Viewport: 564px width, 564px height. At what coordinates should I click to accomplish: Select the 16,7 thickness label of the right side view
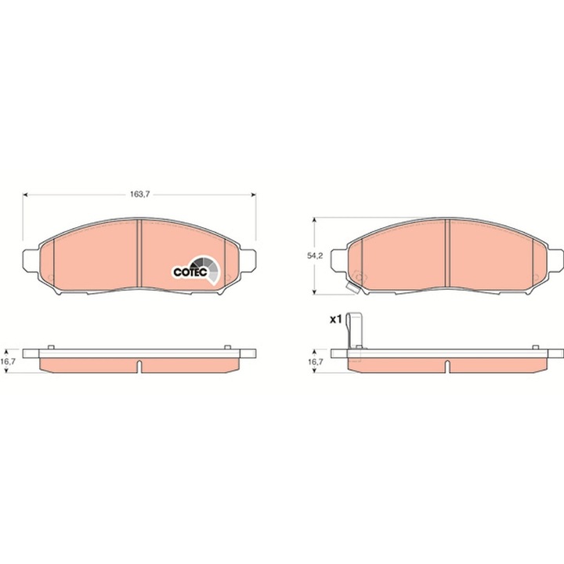tap(315, 363)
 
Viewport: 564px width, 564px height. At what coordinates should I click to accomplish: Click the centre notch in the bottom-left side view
tap(139, 366)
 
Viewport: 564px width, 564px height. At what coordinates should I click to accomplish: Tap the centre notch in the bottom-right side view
tap(446, 366)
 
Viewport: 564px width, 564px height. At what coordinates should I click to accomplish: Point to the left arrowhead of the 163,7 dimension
tap(27, 194)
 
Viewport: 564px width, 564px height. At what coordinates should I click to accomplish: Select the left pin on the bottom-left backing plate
tap(50, 347)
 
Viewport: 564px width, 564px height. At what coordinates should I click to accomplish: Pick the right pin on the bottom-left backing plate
tap(227, 347)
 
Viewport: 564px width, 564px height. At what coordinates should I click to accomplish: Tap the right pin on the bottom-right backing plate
tap(535, 347)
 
